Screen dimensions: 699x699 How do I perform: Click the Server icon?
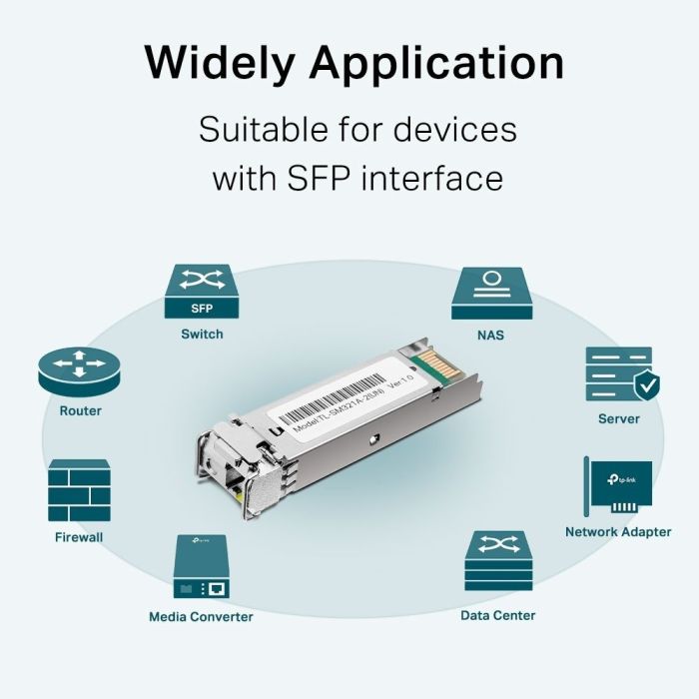tap(618, 373)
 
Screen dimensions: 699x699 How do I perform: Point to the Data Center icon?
tap(497, 562)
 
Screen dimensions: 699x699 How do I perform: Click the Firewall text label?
tap(79, 537)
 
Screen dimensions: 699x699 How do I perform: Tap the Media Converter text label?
tap(201, 616)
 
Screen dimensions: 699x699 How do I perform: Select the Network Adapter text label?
tap(618, 532)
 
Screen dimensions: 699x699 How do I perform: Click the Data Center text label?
tap(497, 615)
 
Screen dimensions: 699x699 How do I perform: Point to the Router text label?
tap(80, 410)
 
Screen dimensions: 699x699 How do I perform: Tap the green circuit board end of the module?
tap(436, 365)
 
